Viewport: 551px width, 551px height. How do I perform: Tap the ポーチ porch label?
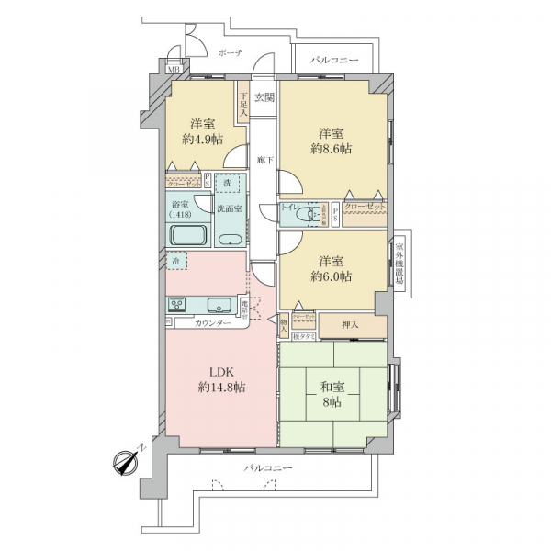coord(231,53)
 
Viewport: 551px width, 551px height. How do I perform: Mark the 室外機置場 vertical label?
coord(400,265)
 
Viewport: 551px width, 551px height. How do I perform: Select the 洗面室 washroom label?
coord(230,208)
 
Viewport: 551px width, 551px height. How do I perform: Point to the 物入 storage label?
coord(286,323)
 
